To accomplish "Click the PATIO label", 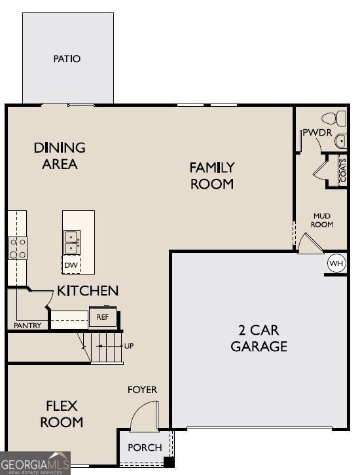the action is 67,58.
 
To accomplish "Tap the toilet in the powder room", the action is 334,118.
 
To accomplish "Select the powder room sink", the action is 340,141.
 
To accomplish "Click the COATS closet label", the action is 343,170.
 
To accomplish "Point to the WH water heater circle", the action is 336,263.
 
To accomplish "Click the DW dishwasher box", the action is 71,265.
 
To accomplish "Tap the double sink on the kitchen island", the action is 72,242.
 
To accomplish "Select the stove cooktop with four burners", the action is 18,248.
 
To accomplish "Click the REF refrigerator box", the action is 103,317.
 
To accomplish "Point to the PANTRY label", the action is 27,326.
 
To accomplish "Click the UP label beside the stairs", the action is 129,346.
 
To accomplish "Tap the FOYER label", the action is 142,390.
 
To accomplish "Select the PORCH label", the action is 145,447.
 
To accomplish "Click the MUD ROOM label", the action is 322,220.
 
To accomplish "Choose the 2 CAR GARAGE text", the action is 259,338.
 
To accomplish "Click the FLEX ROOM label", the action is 62,414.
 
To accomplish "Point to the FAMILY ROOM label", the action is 212,176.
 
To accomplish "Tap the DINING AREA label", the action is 60,156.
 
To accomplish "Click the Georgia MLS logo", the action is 35,463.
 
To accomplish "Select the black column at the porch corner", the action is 169,462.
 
